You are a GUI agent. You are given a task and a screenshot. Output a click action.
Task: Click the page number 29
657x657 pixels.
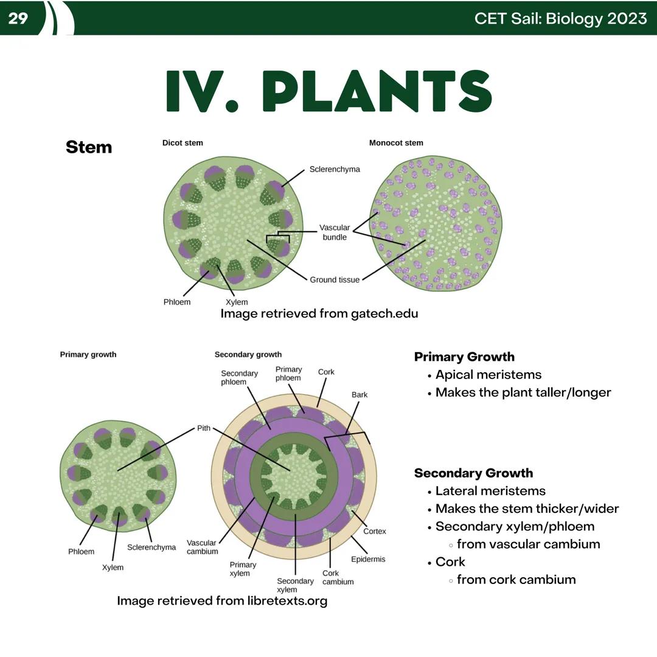click(18, 18)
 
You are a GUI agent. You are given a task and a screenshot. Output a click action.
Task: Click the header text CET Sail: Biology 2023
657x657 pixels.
click(560, 18)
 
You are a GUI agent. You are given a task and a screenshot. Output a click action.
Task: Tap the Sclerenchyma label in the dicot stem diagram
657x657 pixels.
click(335, 169)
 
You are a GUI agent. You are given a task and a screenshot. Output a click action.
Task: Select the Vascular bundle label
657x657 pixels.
click(335, 232)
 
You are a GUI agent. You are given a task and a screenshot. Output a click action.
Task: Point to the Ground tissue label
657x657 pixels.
click(335, 280)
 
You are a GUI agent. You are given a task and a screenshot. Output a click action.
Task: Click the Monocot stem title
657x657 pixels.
click(396, 143)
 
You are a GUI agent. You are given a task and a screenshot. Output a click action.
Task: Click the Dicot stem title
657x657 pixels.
click(182, 143)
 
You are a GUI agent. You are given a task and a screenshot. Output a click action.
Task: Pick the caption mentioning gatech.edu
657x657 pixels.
click(319, 314)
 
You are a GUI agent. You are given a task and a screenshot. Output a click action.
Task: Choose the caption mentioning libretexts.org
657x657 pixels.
click(222, 601)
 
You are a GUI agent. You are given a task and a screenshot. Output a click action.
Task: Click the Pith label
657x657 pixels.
click(203, 428)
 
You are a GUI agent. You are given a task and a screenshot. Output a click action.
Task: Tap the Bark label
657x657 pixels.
click(360, 395)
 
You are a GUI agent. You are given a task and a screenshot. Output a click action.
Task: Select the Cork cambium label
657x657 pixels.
click(338, 577)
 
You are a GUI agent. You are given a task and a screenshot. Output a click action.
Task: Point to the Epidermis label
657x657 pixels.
click(368, 559)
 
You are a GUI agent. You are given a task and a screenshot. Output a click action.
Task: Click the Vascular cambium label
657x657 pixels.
click(202, 547)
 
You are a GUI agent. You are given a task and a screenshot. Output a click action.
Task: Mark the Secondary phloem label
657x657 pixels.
click(239, 378)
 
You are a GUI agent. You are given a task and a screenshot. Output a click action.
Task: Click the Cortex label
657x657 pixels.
click(375, 531)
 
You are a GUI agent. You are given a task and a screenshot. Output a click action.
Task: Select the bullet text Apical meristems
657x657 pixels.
click(488, 375)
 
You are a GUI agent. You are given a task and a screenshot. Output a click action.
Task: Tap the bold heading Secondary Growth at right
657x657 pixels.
click(473, 473)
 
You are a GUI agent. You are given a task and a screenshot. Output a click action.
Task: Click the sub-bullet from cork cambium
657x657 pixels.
click(516, 580)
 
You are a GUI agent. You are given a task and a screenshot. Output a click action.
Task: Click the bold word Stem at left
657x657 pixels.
click(89, 147)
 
